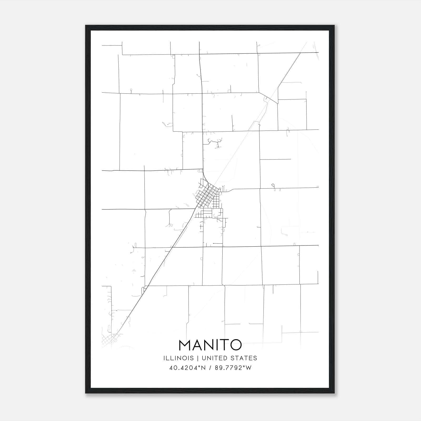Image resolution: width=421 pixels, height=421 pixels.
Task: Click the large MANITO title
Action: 210,345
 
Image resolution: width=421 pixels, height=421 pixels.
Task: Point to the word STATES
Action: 244,358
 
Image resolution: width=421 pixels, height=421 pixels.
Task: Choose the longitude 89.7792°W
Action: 233,368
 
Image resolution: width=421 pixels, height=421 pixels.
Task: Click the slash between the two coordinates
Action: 210,368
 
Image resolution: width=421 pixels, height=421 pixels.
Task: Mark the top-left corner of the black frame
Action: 86,26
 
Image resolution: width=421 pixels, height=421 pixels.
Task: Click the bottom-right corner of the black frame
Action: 334,393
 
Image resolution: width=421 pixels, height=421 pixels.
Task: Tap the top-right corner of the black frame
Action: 334,26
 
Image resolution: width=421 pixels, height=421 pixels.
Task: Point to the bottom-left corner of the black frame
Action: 86,393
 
